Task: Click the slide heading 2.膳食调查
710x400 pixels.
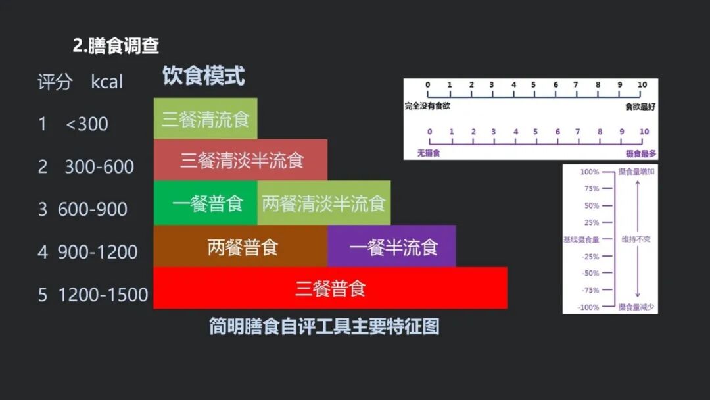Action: (x=116, y=46)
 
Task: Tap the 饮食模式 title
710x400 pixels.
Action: (x=204, y=76)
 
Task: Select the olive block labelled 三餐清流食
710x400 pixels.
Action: (x=205, y=119)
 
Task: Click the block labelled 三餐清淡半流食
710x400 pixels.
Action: (x=241, y=161)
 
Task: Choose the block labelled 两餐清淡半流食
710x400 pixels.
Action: (x=323, y=203)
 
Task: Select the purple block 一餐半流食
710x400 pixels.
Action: (x=392, y=247)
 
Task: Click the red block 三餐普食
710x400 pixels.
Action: (x=330, y=288)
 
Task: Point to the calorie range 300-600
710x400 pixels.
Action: (x=99, y=167)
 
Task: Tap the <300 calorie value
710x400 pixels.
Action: (x=87, y=124)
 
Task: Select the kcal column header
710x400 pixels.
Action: (x=107, y=83)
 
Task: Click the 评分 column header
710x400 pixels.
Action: (x=55, y=83)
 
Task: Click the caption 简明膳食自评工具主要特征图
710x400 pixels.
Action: (x=323, y=326)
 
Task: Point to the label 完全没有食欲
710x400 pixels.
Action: (x=428, y=106)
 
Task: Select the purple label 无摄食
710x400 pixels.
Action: (x=429, y=153)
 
